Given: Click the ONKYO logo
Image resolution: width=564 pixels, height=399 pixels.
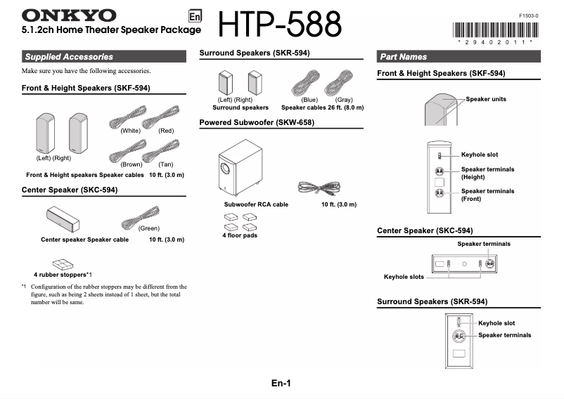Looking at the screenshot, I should (x=69, y=15).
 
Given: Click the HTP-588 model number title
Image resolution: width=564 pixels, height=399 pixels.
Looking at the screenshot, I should (x=281, y=25).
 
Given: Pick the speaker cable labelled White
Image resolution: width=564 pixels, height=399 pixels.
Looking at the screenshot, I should (x=125, y=119).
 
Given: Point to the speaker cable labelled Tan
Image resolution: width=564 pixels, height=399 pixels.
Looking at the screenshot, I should (x=160, y=150).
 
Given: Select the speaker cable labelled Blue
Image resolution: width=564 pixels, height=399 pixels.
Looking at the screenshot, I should (x=307, y=84).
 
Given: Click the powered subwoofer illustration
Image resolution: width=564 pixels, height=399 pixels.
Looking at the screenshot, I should (x=237, y=169).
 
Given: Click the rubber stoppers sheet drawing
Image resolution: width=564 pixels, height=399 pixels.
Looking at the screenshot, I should (x=63, y=264).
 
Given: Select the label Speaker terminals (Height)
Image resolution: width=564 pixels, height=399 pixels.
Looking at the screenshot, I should (x=487, y=173).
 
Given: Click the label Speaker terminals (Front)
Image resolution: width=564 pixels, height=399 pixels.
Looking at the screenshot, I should (x=487, y=195).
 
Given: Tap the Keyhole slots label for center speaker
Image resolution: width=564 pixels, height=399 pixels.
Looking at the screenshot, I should (x=404, y=277).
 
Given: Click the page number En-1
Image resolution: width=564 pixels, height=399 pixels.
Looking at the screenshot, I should (x=281, y=383).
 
